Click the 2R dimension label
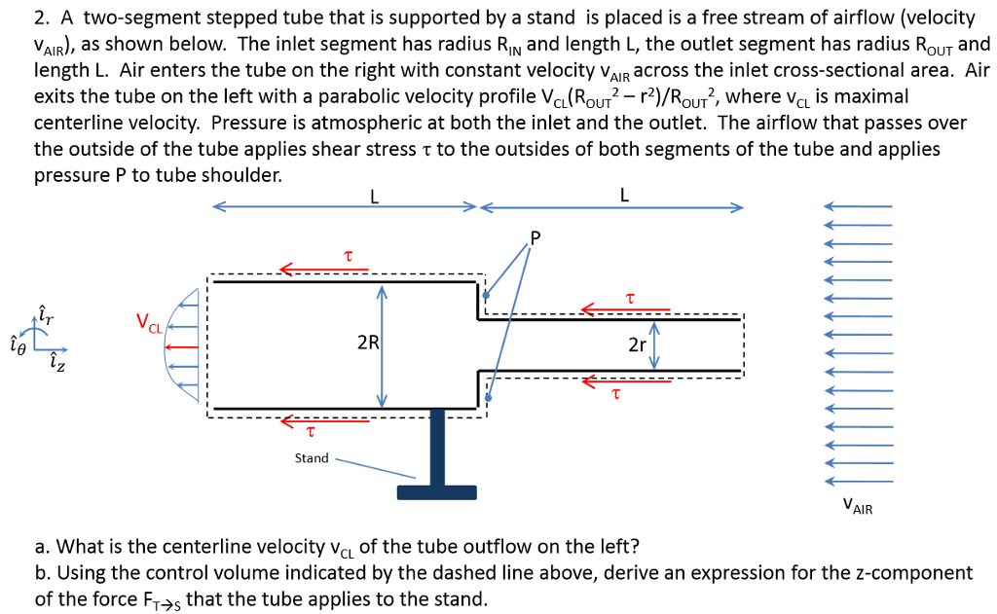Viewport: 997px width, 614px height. tap(367, 343)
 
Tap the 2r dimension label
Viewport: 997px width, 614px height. tap(638, 343)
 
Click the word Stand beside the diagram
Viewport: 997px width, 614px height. tap(312, 458)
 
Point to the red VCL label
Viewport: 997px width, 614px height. tap(149, 321)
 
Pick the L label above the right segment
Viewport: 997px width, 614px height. tap(623, 196)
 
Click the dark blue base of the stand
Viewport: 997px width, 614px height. tap(436, 492)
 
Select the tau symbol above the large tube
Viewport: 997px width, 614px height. tap(348, 254)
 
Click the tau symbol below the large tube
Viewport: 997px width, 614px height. tap(310, 430)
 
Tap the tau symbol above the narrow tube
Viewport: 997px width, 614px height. tap(630, 296)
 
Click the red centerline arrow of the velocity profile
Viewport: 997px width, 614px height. tap(181, 346)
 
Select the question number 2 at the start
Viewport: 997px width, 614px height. tap(40, 18)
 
